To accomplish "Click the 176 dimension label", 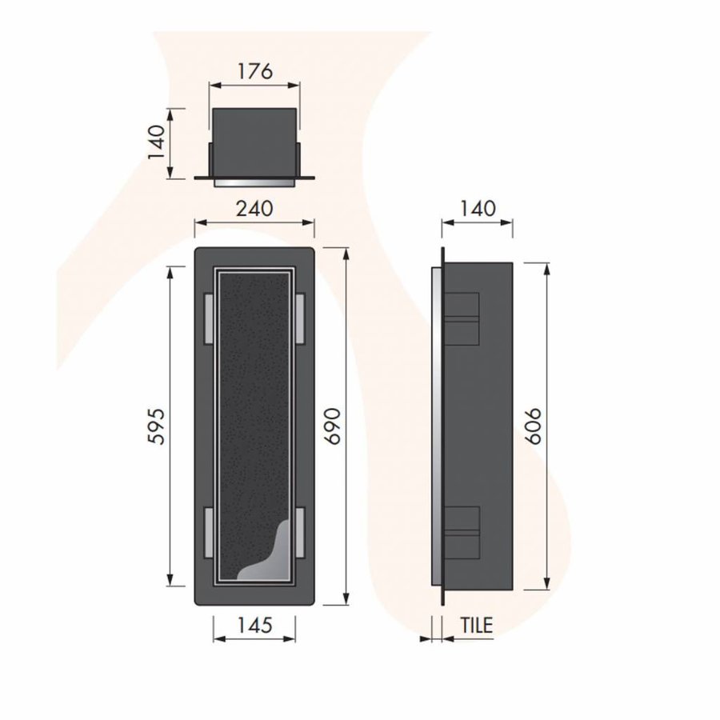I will click(255, 70).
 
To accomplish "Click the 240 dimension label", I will click(255, 209).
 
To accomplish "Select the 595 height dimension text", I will click(157, 427).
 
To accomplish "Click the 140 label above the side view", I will click(478, 209).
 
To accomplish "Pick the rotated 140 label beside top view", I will click(157, 142).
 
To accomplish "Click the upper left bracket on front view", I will click(209, 317).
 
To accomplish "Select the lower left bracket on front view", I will click(209, 530).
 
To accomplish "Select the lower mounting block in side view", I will click(462, 530).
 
